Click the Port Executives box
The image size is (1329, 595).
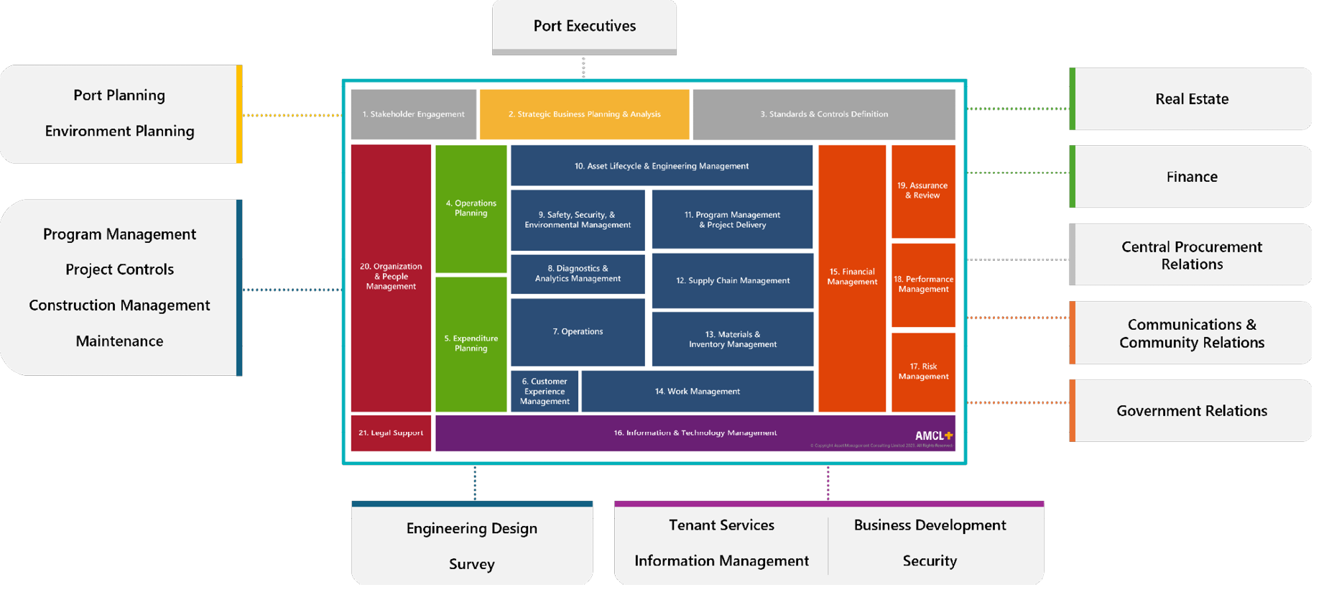click(x=584, y=27)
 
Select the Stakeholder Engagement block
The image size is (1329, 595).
click(x=413, y=114)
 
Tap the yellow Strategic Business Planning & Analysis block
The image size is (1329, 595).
click(x=584, y=114)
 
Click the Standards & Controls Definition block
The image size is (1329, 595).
click(x=824, y=114)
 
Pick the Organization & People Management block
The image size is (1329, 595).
click(x=391, y=277)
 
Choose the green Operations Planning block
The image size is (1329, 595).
click(x=471, y=208)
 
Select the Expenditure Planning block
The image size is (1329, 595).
click(x=471, y=343)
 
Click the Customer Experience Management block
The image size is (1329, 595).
click(x=545, y=392)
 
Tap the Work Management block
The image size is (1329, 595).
click(x=697, y=392)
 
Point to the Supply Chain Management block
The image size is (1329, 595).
click(x=733, y=281)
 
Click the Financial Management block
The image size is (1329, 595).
click(x=852, y=277)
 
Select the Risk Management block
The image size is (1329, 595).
click(x=923, y=372)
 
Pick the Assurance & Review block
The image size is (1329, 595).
click(x=923, y=190)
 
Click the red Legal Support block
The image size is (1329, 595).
click(x=391, y=433)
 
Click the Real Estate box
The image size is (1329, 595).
click(x=1191, y=99)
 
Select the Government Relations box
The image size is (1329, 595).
click(x=1191, y=411)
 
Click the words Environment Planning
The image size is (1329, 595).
click(x=119, y=132)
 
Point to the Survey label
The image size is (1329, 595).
click(x=471, y=564)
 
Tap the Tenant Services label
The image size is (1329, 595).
click(x=721, y=525)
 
